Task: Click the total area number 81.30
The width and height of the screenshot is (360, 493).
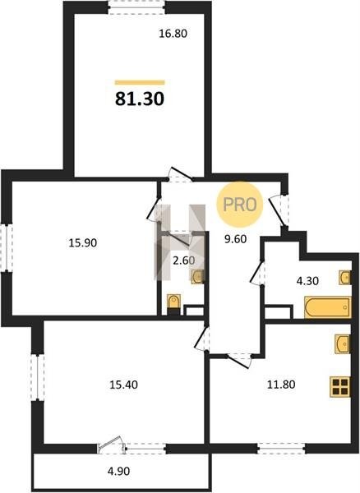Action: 140,99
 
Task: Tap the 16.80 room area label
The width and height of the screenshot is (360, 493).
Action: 173,34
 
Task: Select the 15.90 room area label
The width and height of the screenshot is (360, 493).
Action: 83,242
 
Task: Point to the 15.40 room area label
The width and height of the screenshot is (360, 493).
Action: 123,385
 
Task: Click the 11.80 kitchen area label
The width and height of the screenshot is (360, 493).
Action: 281,385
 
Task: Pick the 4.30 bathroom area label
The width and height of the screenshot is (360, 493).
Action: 307,281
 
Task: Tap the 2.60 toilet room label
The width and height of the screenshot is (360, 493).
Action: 184,260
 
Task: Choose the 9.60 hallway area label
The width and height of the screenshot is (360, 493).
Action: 235,239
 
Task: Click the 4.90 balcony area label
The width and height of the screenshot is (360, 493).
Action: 118,472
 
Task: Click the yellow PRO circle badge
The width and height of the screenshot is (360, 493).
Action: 239,205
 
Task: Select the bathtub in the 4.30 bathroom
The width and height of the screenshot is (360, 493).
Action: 328,307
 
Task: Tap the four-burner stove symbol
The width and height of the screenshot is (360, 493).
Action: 340,387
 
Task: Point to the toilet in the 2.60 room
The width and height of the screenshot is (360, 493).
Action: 173,304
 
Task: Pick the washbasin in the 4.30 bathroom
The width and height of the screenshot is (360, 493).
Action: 345,278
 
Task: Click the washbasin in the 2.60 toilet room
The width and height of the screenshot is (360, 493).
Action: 198,277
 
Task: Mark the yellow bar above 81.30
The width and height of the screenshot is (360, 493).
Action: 140,83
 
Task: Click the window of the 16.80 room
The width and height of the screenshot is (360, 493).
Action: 136,7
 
